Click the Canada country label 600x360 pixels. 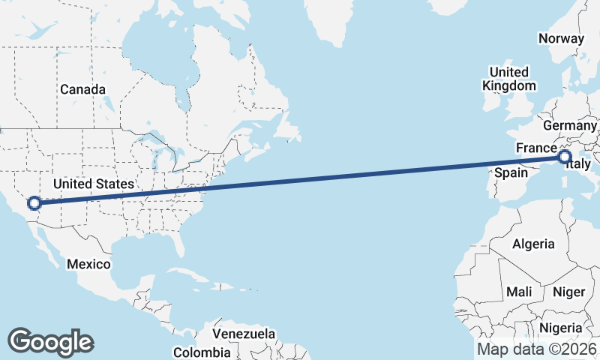(x=82, y=89)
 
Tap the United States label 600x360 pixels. (x=94, y=184)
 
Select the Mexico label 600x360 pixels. (x=88, y=264)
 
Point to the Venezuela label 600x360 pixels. (x=244, y=334)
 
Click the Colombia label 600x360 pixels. (x=202, y=352)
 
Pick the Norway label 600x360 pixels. (x=561, y=39)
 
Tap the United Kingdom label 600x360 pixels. (x=509, y=79)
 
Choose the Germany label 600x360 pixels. (x=569, y=125)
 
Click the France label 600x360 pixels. (x=536, y=148)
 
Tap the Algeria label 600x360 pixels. (x=533, y=244)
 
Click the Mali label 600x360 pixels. (x=519, y=291)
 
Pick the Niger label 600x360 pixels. (x=568, y=291)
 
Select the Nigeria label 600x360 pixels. (x=560, y=328)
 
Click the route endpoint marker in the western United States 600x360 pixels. (x=34, y=202)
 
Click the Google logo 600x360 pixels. (x=50, y=342)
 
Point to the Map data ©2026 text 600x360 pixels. (x=537, y=349)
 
